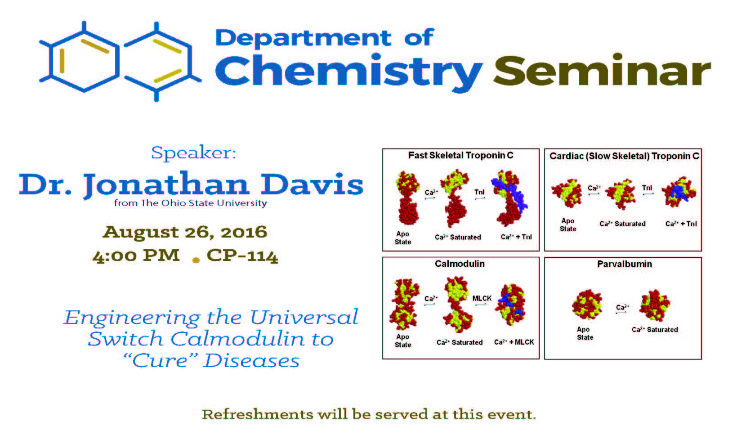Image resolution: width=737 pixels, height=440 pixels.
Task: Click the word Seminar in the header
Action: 602,70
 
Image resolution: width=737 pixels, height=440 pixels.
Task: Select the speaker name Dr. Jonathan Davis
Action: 191,184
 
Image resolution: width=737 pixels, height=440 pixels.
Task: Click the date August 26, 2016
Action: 185,232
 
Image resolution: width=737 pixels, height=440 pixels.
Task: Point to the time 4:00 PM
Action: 136,256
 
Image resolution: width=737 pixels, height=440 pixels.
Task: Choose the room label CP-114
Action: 242,256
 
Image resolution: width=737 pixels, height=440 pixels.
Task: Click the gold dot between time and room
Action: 196,260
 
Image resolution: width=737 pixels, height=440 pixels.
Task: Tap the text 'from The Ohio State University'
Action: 191,203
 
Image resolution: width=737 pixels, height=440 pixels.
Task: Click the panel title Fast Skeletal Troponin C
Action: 460,155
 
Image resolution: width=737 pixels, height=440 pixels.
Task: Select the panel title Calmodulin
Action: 460,264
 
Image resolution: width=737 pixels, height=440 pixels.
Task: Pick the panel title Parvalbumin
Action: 625,264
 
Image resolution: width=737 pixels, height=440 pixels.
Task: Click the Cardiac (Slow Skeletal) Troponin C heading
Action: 624,156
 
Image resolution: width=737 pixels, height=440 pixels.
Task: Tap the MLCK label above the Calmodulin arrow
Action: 482,298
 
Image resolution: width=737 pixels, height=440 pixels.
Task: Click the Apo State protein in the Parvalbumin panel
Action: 587,305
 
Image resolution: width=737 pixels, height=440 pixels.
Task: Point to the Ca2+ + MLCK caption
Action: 514,342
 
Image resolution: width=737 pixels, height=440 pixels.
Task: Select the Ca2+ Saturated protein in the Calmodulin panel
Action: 458,305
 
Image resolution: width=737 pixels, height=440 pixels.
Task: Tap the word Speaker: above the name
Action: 193,153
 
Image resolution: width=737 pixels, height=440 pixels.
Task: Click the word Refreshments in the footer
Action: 257,414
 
